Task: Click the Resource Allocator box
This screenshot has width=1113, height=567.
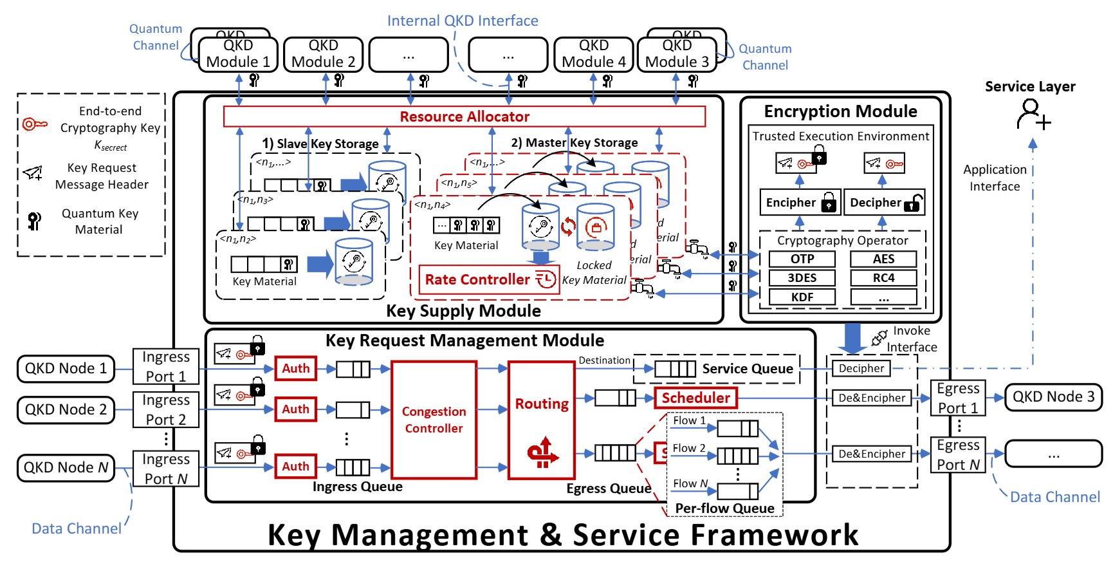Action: [464, 116]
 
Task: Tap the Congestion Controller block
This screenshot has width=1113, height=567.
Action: [434, 420]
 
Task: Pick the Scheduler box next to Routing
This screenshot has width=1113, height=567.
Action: [695, 398]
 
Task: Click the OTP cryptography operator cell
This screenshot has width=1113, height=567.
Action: [802, 259]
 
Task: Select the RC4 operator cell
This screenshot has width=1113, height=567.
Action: [883, 278]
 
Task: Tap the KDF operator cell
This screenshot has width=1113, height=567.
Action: [802, 297]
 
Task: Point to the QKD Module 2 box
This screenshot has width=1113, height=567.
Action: [323, 54]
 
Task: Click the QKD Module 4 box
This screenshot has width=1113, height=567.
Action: [593, 54]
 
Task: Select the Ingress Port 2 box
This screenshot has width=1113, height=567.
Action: [165, 409]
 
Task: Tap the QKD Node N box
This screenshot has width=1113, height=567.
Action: [66, 467]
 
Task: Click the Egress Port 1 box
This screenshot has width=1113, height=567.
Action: [957, 398]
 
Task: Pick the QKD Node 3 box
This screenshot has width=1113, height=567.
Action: [1053, 397]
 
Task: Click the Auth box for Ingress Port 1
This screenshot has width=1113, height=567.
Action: [295, 368]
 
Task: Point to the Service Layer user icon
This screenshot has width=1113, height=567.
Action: [1032, 115]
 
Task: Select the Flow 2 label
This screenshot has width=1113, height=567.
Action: [688, 448]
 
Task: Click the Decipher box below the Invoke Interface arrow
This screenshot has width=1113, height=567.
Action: [861, 368]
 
